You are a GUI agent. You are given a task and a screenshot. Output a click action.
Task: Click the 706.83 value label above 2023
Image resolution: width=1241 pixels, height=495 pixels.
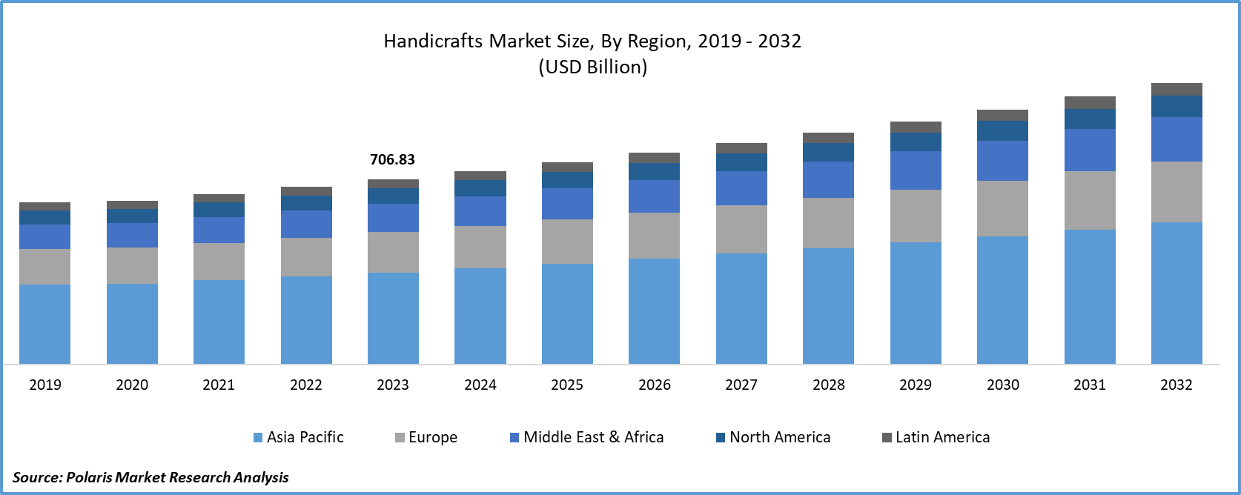392,159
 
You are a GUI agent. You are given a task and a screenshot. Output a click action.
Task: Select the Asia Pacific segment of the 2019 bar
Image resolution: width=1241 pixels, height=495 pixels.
44,324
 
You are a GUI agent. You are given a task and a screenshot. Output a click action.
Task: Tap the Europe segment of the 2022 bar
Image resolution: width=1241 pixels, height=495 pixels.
306,257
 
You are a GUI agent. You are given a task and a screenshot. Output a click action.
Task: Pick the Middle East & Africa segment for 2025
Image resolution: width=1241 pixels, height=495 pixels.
567,204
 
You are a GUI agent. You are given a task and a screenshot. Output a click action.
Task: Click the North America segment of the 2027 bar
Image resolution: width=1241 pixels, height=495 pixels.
741,162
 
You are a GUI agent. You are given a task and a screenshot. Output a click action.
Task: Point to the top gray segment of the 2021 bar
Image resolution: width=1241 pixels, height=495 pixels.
219,199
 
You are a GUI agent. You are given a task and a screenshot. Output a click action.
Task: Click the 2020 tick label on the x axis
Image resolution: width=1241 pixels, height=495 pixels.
132,385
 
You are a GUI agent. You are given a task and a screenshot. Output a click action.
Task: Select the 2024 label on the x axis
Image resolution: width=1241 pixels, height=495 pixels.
480,385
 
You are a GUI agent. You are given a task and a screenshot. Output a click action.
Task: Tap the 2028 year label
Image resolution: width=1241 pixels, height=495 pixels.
828,385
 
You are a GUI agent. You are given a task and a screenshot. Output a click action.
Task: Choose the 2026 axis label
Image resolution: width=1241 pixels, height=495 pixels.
655,385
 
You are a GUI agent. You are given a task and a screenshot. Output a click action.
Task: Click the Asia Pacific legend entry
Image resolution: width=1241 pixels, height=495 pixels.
299,437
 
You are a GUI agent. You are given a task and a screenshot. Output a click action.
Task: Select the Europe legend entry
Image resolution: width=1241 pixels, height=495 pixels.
426,437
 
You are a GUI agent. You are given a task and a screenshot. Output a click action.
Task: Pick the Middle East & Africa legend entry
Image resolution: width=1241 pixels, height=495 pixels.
586,437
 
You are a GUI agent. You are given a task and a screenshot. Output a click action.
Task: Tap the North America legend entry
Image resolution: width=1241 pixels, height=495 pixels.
773,437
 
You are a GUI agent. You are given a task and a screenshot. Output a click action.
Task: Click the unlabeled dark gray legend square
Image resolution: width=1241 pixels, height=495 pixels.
887,438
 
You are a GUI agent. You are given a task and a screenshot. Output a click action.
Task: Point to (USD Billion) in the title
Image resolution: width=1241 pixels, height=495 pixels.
592,67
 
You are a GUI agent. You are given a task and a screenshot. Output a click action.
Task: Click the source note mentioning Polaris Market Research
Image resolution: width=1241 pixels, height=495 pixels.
151,476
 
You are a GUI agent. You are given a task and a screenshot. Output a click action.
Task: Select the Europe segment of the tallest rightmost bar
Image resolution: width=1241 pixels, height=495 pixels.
1177,192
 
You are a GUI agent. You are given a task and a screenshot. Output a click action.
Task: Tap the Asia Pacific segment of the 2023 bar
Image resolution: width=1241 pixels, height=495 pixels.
393,318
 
